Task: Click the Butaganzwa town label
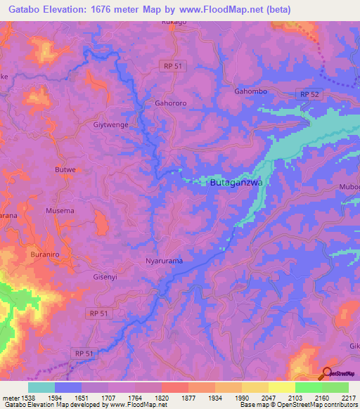236,183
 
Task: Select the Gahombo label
250,91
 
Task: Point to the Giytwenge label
110,125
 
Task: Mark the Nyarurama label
164,261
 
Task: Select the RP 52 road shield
309,94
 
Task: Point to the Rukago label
174,22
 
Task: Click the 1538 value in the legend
28,398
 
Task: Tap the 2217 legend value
349,398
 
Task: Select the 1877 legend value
188,398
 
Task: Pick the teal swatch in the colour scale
41,387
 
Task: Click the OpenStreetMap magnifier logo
328,373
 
